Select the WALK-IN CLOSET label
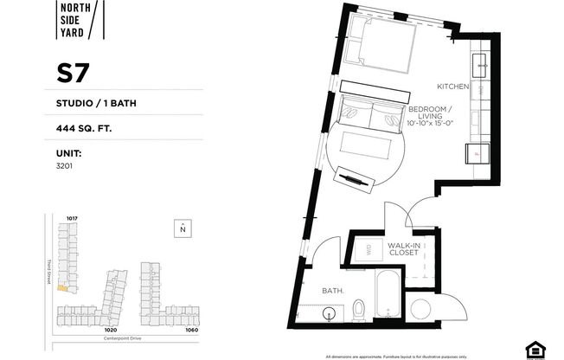[403, 250]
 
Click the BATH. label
[334, 292]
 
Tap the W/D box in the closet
[365, 251]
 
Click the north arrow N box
[183, 228]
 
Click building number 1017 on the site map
[72, 218]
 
